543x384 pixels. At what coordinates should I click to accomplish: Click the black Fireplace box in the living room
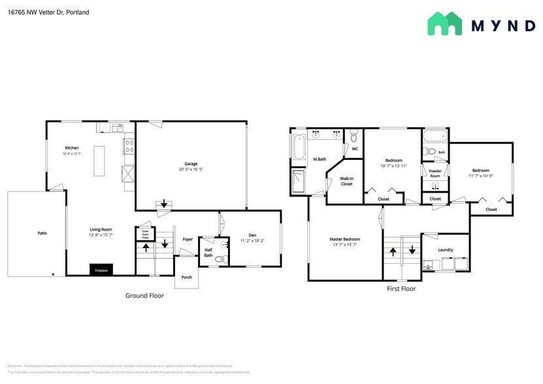pos(101,269)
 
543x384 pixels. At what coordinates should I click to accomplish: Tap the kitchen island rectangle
pos(100,161)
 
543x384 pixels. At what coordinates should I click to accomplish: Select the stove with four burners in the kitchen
pos(129,144)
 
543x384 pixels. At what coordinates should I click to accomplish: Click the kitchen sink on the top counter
pos(118,126)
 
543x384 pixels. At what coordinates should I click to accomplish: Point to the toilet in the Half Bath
pos(220,259)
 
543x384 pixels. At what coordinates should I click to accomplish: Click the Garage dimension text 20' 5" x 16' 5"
pos(191,169)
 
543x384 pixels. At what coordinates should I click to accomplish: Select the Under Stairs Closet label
pos(146,233)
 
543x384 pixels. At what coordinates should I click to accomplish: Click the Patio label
pos(42,232)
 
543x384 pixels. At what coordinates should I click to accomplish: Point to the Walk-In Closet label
pos(346,181)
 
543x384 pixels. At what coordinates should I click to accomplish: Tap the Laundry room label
pos(446,249)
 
